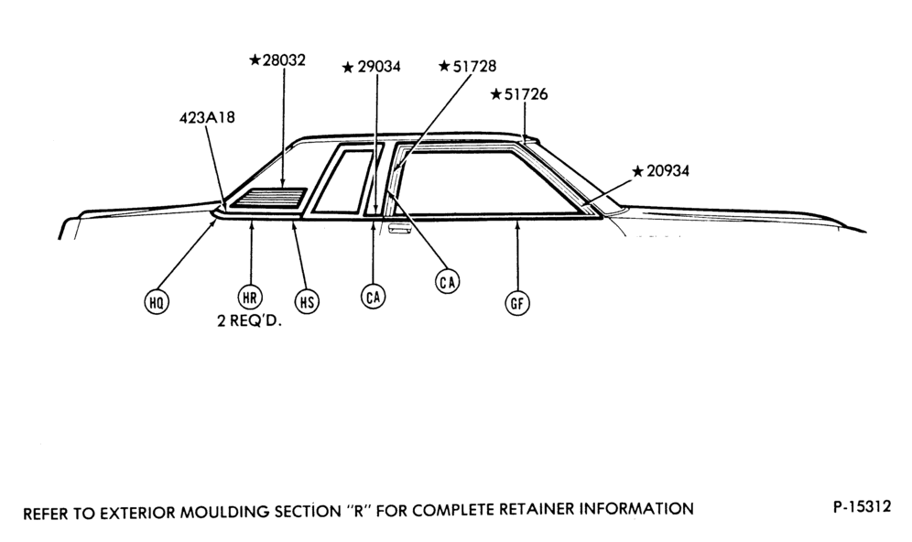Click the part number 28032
[284, 60]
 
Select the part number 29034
[379, 67]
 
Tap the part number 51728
[474, 66]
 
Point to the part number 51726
[526, 94]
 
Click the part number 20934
[668, 171]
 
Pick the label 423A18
[207, 117]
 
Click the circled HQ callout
[157, 302]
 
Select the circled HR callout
[250, 298]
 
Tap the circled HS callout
[307, 302]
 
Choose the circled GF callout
[517, 303]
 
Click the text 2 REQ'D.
[250, 321]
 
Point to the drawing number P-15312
[862, 506]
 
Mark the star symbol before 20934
[638, 171]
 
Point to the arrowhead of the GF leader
[517, 220]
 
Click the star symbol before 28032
[255, 60]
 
